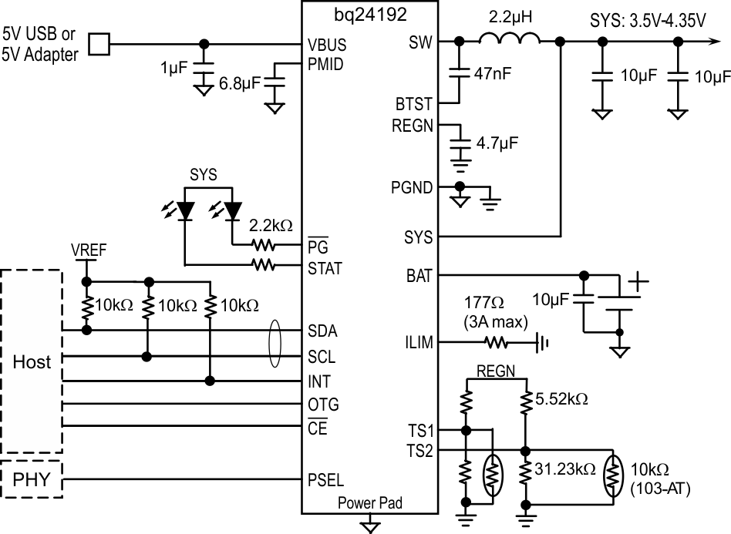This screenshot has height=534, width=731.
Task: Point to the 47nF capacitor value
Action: pyautogui.click(x=496, y=75)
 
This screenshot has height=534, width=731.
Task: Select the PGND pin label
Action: pyautogui.click(x=413, y=187)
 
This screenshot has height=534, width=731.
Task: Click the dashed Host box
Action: pyautogui.click(x=32, y=361)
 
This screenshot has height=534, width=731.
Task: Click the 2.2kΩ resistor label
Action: pyautogui.click(x=271, y=227)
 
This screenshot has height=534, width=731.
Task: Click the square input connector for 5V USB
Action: pyautogui.click(x=99, y=44)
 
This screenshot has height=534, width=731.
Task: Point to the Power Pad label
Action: pyautogui.click(x=370, y=505)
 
